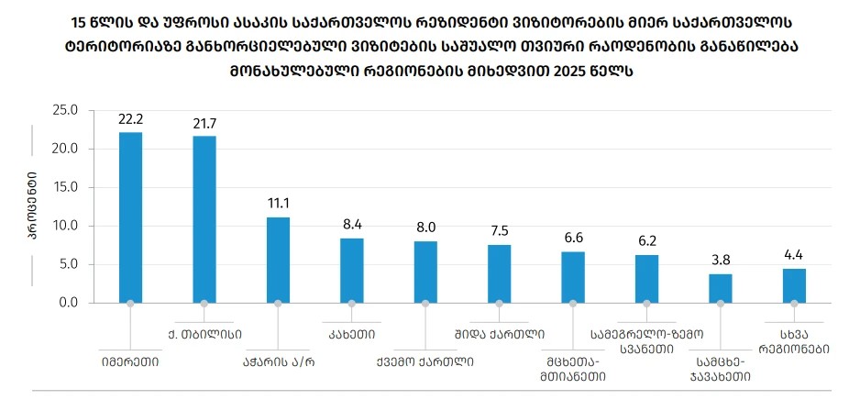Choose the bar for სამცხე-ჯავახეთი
click(x=721, y=288)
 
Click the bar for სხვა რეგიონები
click(x=794, y=285)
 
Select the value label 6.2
click(x=647, y=242)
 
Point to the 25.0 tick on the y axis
click(x=66, y=110)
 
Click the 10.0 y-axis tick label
click(x=66, y=226)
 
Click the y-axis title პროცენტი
click(x=32, y=206)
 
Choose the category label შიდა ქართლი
click(x=500, y=333)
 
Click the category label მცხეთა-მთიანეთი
click(x=573, y=368)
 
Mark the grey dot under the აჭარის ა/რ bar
click(x=278, y=303)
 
